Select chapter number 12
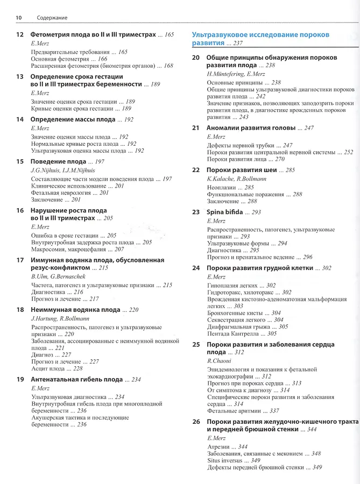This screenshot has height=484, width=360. pyautogui.click(x=20, y=34)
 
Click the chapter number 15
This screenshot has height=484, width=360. pyautogui.click(x=20, y=161)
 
